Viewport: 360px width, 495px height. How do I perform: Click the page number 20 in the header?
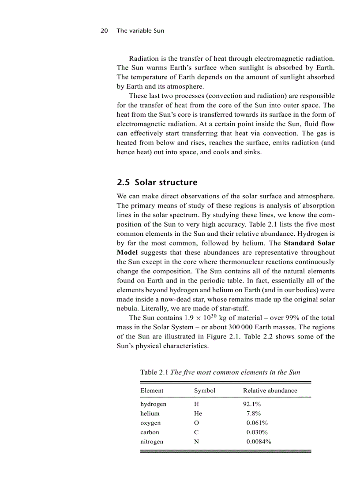tap(105, 31)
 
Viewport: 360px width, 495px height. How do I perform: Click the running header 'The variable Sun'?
tap(140, 31)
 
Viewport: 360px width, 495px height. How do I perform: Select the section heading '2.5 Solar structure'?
tap(157, 182)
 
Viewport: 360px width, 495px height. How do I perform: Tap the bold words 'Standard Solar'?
tap(309, 243)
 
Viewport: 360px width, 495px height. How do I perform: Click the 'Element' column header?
tap(152, 391)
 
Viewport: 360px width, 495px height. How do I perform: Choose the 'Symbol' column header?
tap(205, 391)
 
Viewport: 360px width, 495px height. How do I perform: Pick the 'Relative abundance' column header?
tap(270, 391)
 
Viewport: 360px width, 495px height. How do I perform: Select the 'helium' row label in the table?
tap(150, 413)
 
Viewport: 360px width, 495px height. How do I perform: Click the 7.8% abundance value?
tap(254, 413)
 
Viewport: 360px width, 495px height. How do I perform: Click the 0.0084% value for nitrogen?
tap(259, 442)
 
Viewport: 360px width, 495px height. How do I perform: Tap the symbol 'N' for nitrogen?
tap(197, 442)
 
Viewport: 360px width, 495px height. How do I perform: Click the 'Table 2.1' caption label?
tap(154, 372)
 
